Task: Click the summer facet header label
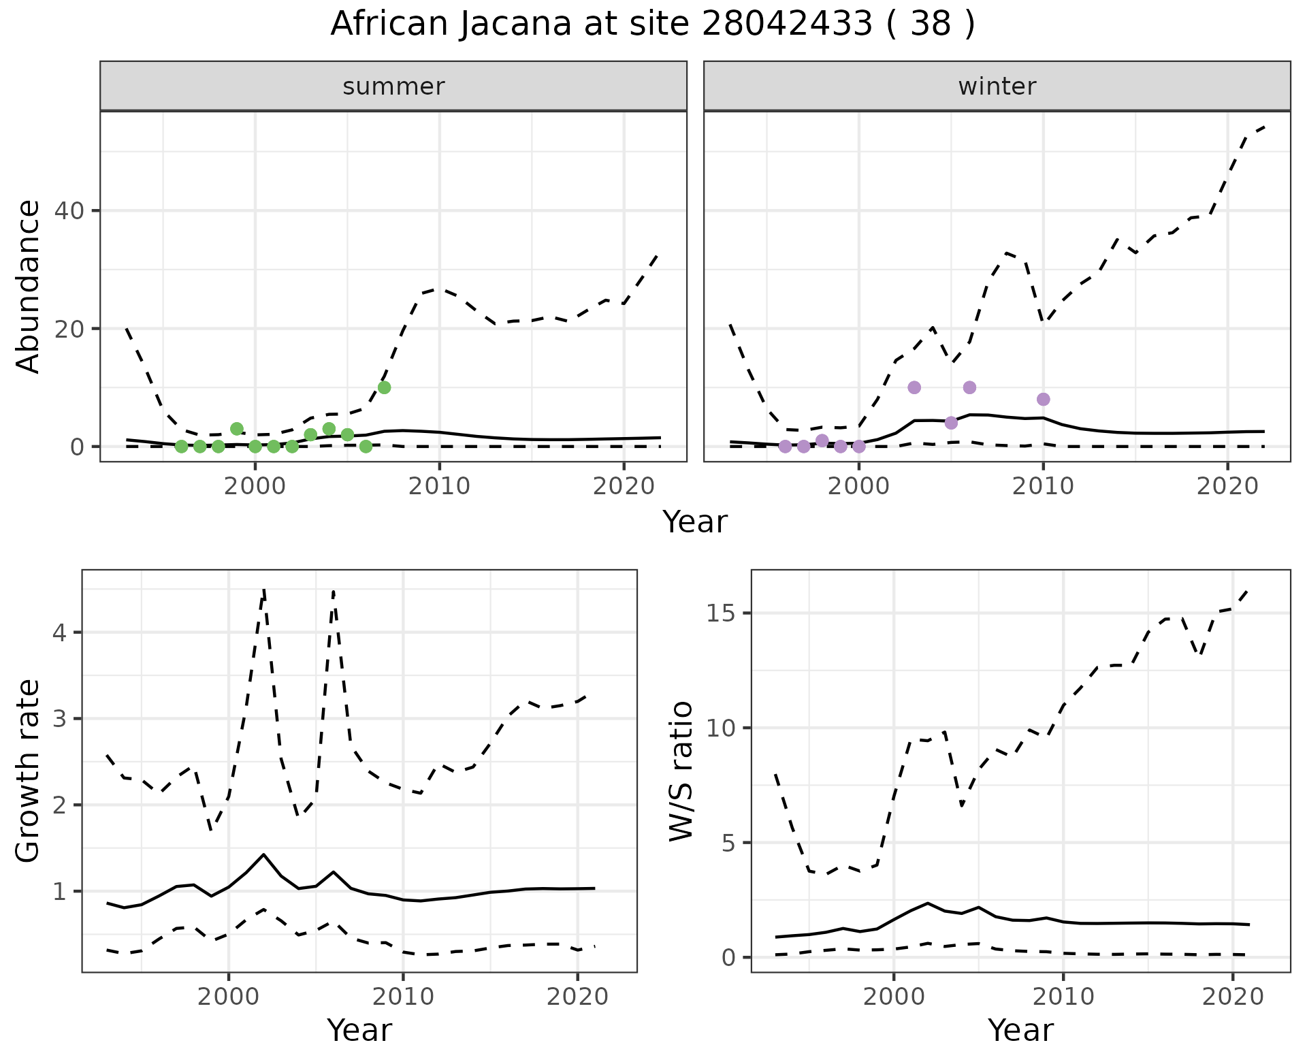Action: point(393,86)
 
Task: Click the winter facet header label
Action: point(997,86)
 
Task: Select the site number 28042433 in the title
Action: point(786,25)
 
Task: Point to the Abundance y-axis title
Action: point(28,287)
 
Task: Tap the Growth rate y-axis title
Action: point(28,771)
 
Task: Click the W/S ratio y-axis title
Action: point(681,771)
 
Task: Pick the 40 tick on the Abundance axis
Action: point(68,211)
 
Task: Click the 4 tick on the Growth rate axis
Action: point(59,632)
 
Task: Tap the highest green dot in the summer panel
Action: point(384,387)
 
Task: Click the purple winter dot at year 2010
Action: point(1043,399)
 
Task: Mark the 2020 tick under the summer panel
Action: point(624,486)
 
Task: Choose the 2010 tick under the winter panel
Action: point(1043,486)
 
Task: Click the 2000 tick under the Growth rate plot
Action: point(229,997)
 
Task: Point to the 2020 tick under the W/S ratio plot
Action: point(1233,997)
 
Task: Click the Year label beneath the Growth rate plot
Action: point(359,1030)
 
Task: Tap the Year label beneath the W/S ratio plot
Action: point(1020,1030)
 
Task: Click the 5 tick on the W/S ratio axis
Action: point(732,843)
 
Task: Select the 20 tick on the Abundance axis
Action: point(68,329)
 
